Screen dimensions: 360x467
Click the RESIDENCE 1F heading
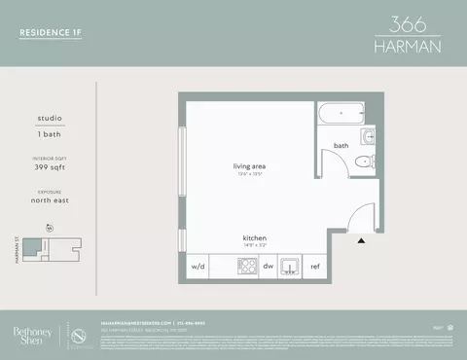click(51, 32)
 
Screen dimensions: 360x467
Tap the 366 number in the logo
click(407, 23)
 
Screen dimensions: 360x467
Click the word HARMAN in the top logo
click(407, 48)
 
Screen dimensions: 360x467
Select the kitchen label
click(255, 237)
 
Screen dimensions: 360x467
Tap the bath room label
click(341, 146)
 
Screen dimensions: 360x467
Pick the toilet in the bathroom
click(364, 162)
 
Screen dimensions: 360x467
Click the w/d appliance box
click(198, 265)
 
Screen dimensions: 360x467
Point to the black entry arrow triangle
click(362, 238)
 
